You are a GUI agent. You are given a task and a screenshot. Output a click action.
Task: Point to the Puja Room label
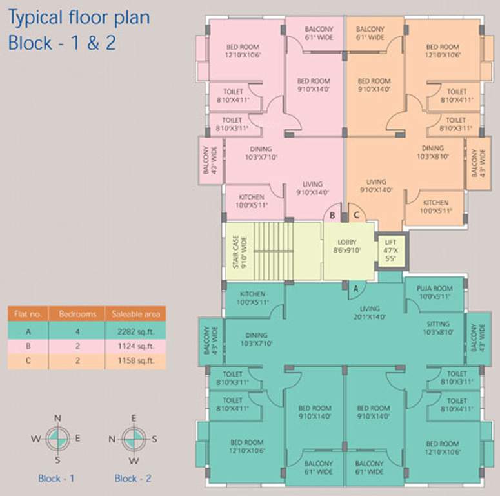(434, 293)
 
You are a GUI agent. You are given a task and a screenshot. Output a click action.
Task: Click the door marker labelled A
(354, 289)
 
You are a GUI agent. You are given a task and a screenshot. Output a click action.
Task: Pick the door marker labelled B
(332, 215)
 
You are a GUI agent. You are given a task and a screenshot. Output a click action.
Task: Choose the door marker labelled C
(354, 215)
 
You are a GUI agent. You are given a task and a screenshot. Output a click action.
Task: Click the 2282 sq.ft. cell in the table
(135, 331)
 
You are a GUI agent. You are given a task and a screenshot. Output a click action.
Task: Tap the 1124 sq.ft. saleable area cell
(135, 346)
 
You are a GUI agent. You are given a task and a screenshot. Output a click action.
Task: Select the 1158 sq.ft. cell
(135, 361)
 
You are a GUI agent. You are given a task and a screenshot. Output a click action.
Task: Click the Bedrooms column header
(77, 315)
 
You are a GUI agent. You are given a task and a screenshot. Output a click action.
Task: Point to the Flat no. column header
(28, 315)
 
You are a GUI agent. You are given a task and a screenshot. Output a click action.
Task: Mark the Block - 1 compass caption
(57, 479)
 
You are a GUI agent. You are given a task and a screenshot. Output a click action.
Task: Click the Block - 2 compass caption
(134, 479)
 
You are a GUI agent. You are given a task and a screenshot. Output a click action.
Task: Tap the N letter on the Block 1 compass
(57, 418)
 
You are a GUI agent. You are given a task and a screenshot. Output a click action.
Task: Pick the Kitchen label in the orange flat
(435, 207)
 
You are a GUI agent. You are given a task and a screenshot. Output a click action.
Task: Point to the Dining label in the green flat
(255, 340)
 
